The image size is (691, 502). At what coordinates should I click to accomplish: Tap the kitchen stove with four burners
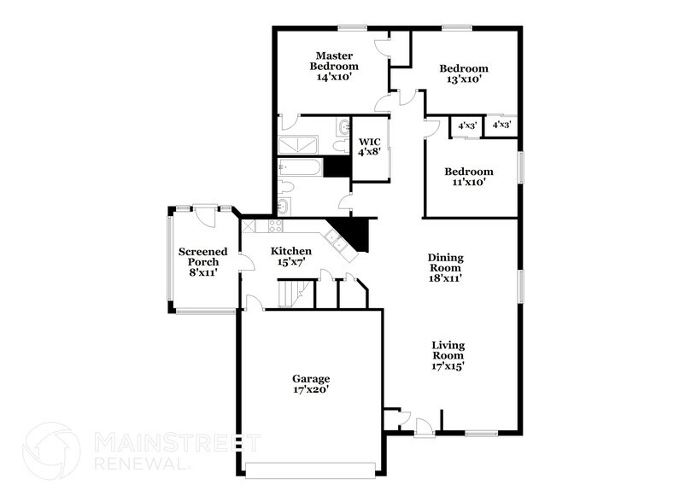275,226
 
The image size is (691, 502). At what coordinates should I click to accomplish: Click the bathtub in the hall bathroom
300,166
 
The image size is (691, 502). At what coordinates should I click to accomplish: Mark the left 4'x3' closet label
466,125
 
